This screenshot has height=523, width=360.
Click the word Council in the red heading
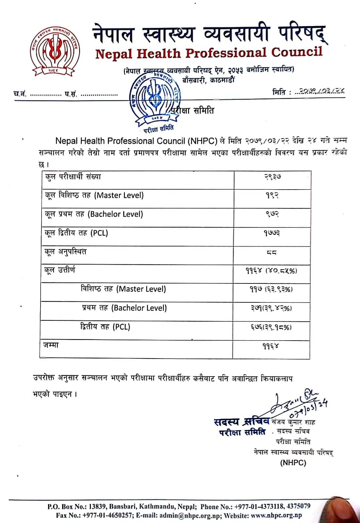[297, 52]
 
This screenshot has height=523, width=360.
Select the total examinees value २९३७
[272, 177]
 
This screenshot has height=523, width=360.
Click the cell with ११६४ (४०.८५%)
[271, 271]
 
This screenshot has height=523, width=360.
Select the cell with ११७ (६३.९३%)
[271, 289]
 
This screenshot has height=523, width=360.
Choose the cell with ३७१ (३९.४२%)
[271, 308]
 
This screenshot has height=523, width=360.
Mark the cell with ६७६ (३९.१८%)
[271, 327]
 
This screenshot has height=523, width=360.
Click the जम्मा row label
[51, 345]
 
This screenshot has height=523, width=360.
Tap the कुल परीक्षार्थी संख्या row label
[73, 177]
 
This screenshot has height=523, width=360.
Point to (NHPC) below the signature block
[293, 463]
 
